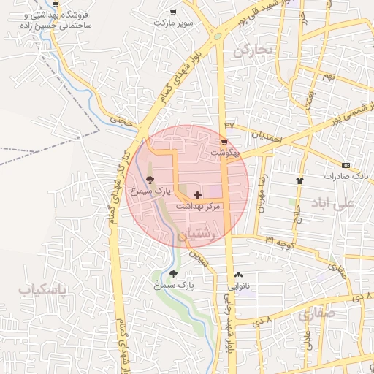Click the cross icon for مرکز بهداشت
198,196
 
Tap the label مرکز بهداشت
198,207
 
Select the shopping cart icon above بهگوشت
224,142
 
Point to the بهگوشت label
224,153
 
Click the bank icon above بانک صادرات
346,165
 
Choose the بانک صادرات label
347,177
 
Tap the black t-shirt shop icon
299,180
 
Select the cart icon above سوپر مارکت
173,12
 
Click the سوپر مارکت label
173,23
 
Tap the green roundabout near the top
217,36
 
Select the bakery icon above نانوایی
239,275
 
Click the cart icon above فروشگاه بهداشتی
56,4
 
